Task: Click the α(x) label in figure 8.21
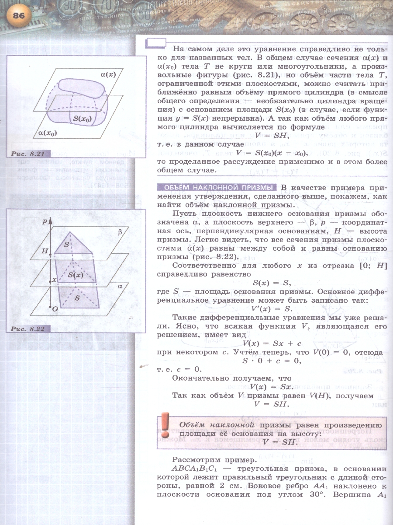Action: point(107,75)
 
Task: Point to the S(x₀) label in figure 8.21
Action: point(84,118)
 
